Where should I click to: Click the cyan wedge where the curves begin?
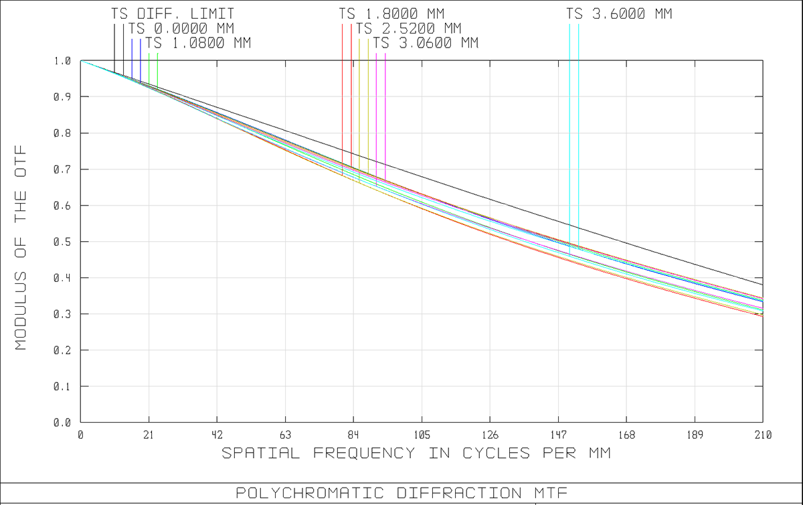[x=107, y=74]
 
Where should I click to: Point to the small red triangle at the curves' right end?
[x=756, y=317]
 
